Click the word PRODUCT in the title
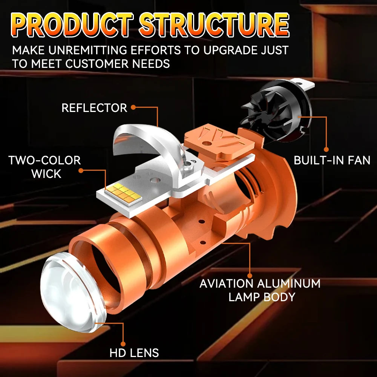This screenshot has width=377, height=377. coord(72,25)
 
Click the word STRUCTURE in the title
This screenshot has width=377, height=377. coord(213,25)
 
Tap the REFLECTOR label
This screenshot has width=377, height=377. coord(94,108)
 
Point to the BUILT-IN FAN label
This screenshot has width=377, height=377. coord(332,160)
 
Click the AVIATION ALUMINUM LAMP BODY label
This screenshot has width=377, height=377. coord(260,290)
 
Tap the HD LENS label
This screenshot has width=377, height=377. coord(134,353)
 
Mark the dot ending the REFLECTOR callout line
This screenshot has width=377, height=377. coord(133,108)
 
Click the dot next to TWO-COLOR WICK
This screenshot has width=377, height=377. coord(81,170)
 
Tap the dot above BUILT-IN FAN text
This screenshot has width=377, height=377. coord(326,150)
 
